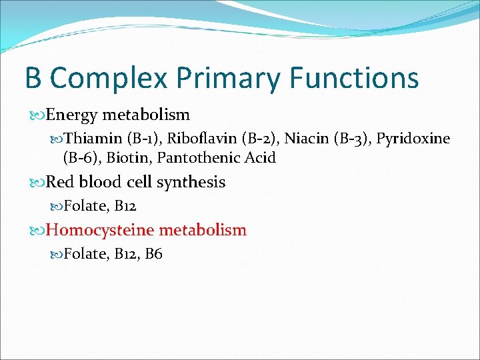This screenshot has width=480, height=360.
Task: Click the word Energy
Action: (x=71, y=115)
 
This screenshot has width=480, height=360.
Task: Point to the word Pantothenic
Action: (x=199, y=158)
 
